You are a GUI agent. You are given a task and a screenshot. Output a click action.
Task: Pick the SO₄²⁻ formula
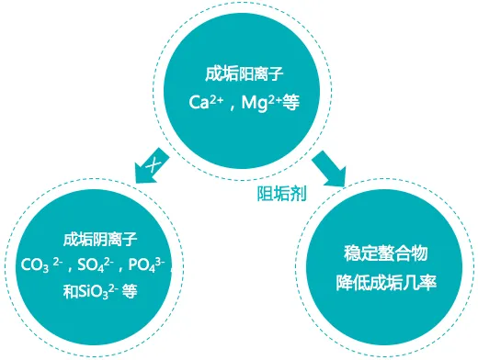95,267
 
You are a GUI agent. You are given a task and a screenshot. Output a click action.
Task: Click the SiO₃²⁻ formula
100,292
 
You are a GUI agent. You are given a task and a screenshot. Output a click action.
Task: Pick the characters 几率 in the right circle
415,280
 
